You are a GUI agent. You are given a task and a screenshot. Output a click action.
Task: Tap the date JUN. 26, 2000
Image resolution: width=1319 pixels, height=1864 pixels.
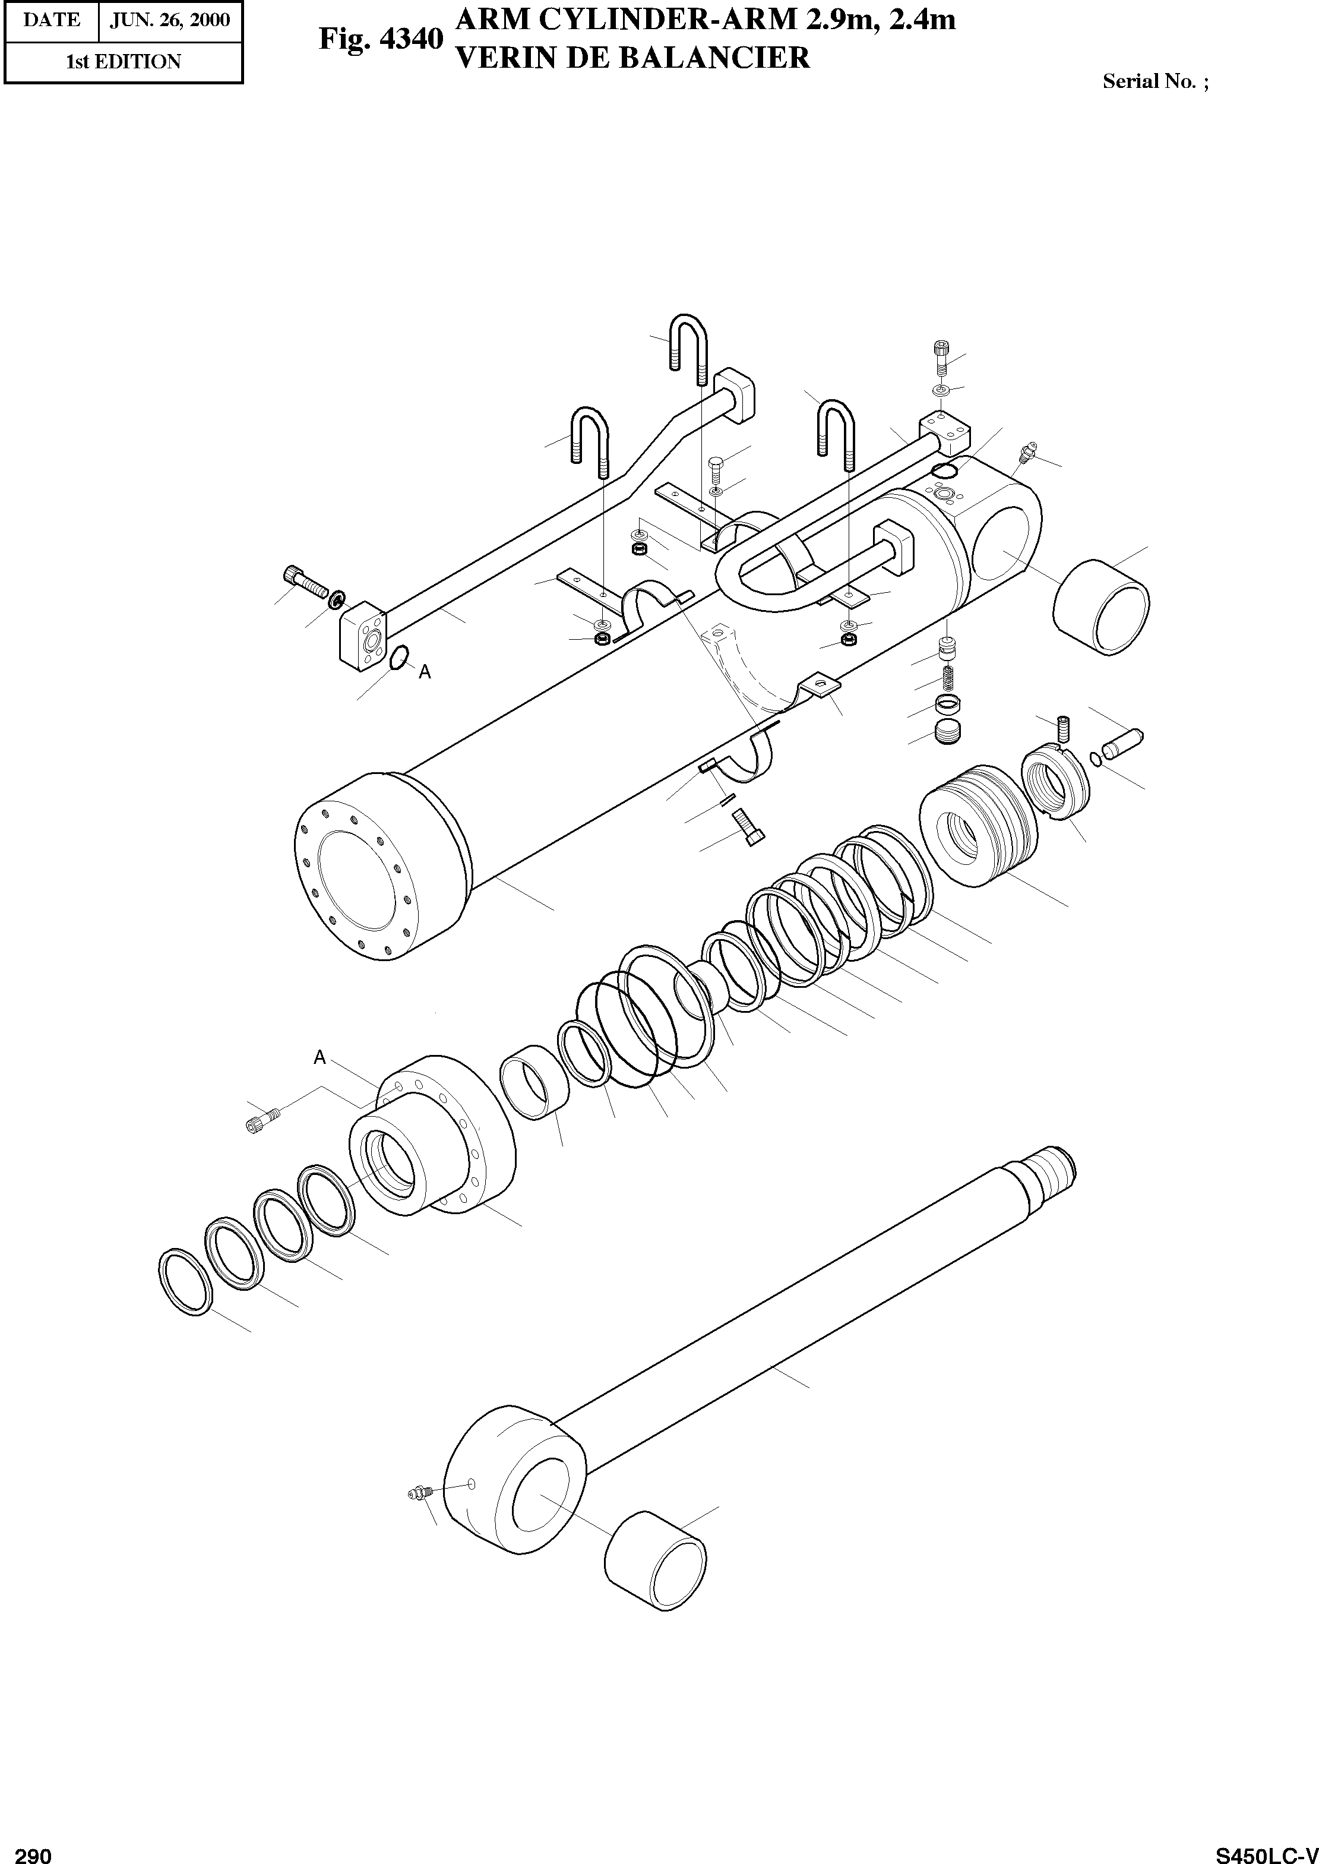coord(170,20)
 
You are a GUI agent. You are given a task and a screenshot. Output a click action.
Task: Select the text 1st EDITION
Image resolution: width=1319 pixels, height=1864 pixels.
coord(124,62)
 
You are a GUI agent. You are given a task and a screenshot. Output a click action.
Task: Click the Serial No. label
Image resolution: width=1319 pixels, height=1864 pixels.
coord(1154,81)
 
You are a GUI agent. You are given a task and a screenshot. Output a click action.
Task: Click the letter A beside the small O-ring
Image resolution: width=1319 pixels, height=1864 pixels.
coord(425,672)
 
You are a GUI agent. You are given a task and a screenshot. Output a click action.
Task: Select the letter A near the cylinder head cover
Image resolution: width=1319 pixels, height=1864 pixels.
coord(320,1057)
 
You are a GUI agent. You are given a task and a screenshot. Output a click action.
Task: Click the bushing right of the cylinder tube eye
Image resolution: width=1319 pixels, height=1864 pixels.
coord(1101,606)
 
